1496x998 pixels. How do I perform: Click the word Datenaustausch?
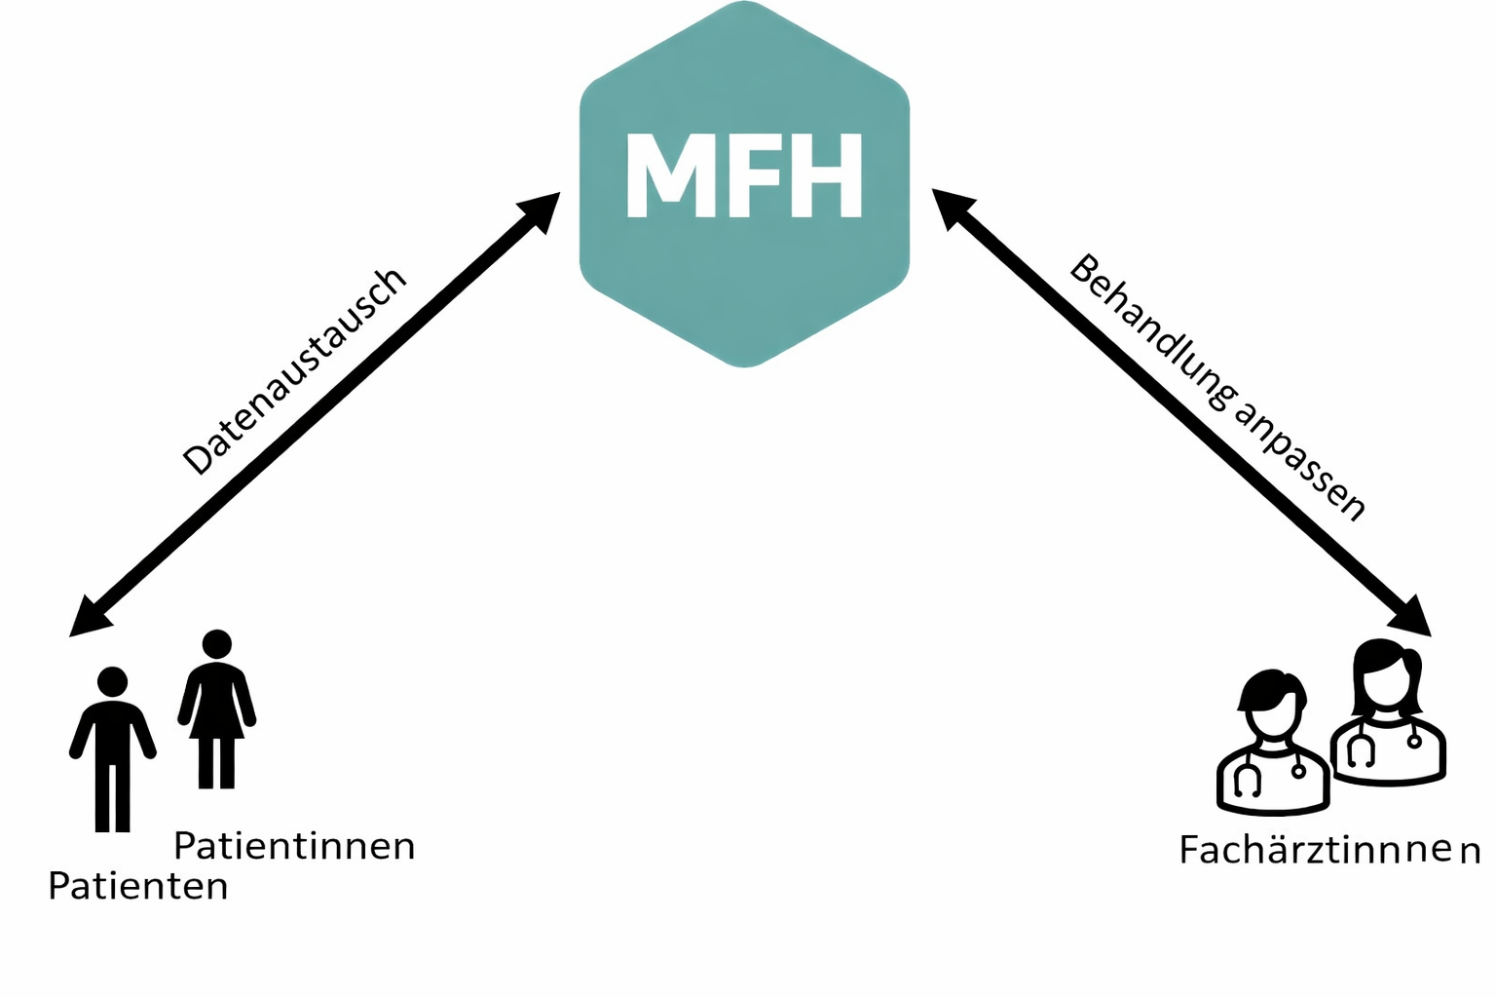click(x=294, y=370)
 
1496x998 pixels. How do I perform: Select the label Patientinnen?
click(x=294, y=846)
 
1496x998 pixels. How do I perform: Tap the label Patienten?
click(x=138, y=887)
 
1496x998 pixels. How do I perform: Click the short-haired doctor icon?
click(x=1272, y=746)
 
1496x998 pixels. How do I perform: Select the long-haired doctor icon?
click(x=1387, y=716)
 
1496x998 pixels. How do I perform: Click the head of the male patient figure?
click(x=113, y=681)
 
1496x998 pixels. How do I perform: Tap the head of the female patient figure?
click(x=216, y=644)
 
